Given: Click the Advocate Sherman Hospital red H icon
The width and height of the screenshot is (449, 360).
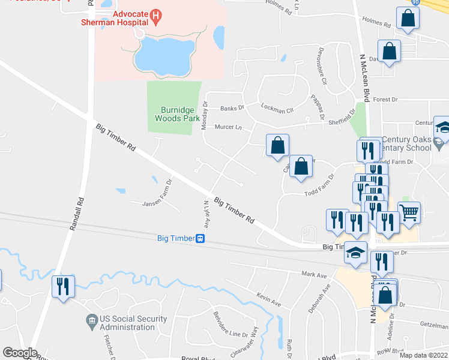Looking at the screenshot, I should pyautogui.click(x=156, y=16).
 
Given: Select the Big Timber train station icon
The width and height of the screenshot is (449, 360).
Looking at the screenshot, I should pyautogui.click(x=200, y=238).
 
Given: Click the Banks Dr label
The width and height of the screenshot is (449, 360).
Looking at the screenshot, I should pyautogui.click(x=232, y=109).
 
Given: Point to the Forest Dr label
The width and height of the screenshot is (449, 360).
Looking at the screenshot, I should pyautogui.click(x=385, y=100).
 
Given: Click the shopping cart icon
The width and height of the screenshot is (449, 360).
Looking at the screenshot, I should pyautogui.click(x=409, y=211).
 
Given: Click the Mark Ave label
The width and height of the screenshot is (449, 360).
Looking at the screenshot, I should pyautogui.click(x=314, y=275).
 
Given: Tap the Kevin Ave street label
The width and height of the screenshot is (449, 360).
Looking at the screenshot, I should pyautogui.click(x=269, y=299).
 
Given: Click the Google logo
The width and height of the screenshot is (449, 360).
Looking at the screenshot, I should pyautogui.click(x=20, y=352).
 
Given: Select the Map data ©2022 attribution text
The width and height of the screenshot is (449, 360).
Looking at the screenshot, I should pyautogui.click(x=423, y=355).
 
